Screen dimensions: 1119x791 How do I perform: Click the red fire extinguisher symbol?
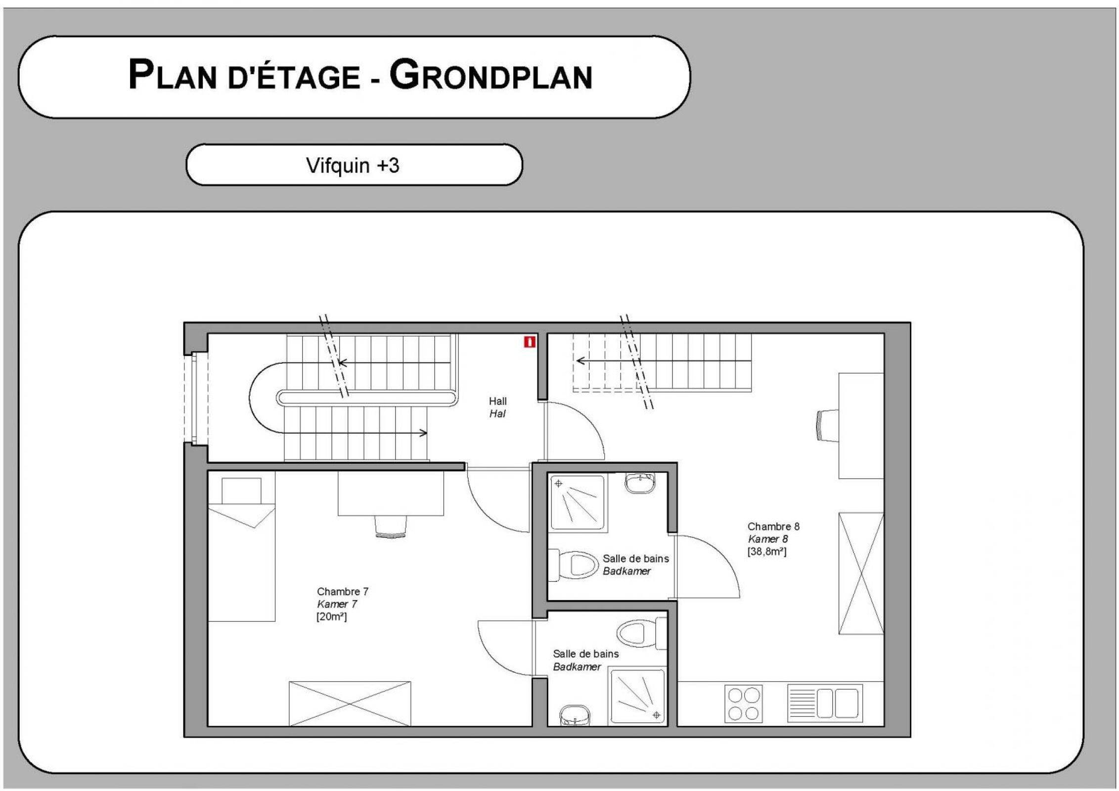click(530, 342)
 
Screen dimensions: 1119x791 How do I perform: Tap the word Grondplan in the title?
click(491, 75)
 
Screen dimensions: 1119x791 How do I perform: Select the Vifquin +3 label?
click(353, 165)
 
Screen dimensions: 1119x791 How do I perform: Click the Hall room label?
click(497, 401)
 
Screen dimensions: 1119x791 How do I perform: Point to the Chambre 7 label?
click(343, 591)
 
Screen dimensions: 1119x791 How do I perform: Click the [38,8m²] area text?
click(767, 551)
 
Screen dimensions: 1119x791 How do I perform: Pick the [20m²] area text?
click(331, 616)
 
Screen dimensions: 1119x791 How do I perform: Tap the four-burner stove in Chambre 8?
click(744, 703)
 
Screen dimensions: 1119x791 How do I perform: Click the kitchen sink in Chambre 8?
click(825, 703)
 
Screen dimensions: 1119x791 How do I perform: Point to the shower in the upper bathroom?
click(578, 502)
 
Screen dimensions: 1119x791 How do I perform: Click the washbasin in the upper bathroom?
click(640, 483)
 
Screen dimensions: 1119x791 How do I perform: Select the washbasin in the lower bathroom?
click(575, 715)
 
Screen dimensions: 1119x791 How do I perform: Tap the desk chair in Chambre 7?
click(391, 526)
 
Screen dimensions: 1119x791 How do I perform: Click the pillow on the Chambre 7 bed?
click(241, 491)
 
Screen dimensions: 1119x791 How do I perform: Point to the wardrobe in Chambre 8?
click(861, 573)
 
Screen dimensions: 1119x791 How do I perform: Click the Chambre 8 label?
click(773, 527)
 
